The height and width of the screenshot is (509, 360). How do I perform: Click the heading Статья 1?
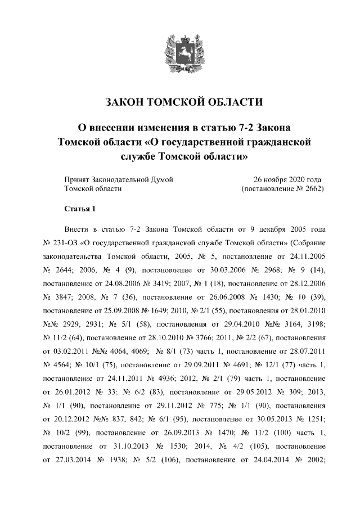click(80, 209)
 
